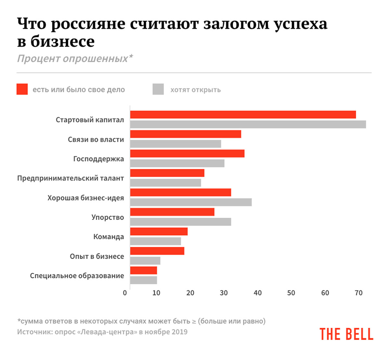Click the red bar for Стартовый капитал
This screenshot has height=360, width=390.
click(x=243, y=115)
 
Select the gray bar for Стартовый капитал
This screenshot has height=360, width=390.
click(x=248, y=124)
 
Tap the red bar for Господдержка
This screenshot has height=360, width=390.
click(x=187, y=154)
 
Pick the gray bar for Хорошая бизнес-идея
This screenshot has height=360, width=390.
click(x=191, y=202)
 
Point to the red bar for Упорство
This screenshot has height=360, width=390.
click(x=172, y=212)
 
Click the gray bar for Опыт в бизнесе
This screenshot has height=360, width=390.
click(x=145, y=261)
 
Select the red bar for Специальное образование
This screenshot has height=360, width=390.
click(x=144, y=270)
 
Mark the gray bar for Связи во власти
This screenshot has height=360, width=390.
click(x=175, y=144)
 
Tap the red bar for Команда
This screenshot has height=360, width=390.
click(x=159, y=231)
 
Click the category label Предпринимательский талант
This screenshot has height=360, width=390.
click(x=71, y=178)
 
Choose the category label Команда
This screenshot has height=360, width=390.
click(x=109, y=237)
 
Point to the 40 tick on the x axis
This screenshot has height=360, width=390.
click(x=257, y=293)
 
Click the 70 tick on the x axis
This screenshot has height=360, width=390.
click(x=358, y=293)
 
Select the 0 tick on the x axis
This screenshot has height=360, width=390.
click(x=125, y=293)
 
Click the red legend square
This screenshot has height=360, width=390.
click(x=22, y=89)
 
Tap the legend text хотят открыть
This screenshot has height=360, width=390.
click(x=196, y=90)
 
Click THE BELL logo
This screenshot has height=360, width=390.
click(x=346, y=334)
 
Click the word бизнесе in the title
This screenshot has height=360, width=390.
click(x=63, y=42)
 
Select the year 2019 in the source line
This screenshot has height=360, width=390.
click(x=179, y=332)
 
